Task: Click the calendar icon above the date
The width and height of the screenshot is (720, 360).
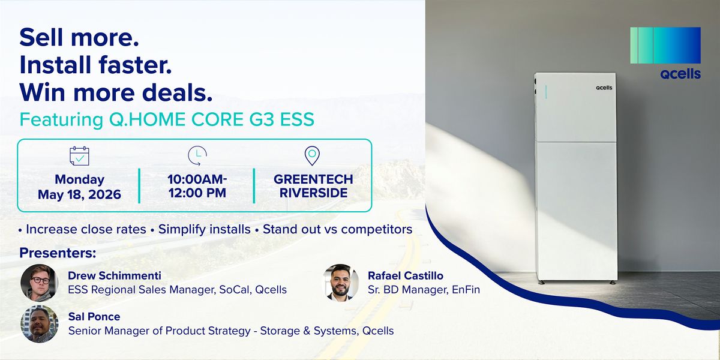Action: (79, 156)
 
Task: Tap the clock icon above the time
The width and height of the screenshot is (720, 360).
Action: (197, 155)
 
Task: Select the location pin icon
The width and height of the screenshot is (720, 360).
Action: (312, 156)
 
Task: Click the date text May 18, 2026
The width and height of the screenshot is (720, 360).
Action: (79, 194)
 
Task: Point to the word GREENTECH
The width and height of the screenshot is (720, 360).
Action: (313, 179)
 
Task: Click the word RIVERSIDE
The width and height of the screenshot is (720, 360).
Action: (313, 193)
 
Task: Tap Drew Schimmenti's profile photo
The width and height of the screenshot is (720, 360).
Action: (39, 283)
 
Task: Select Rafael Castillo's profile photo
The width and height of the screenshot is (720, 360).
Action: (340, 283)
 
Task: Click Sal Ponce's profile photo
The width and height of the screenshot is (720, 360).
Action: (39, 324)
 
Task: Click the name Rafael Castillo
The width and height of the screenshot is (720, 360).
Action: (406, 276)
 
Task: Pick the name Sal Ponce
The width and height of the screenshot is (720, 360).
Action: (94, 317)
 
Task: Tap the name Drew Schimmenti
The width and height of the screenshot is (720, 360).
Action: (115, 276)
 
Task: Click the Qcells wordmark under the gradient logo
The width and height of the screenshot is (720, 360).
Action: (680, 74)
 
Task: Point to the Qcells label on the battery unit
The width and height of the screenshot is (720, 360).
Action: (604, 88)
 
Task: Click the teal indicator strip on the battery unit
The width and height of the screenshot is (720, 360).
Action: (546, 92)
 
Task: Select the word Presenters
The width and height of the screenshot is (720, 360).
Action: (58, 253)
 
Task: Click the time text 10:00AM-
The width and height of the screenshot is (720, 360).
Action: (197, 179)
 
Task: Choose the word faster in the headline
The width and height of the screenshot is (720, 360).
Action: (135, 65)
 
